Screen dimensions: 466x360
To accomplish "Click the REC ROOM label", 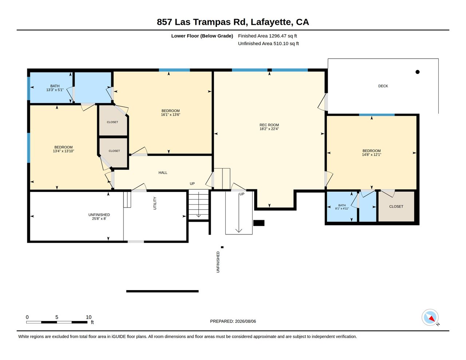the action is tap(269, 125).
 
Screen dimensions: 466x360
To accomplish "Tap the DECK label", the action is tap(383, 86).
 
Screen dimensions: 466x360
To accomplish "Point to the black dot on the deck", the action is tap(417, 72).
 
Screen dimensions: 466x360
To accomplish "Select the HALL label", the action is tap(163, 173).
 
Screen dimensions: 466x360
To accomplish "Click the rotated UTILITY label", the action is tap(155, 203).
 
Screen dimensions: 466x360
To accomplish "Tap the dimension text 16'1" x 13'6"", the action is tap(170, 115).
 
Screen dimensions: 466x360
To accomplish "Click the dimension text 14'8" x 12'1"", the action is tap(371, 155).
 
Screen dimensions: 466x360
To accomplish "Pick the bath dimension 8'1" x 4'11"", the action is tap(342, 209).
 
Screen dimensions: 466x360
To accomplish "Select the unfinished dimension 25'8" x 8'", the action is tap(99, 219).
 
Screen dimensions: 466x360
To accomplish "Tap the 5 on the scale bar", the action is tap(57, 317).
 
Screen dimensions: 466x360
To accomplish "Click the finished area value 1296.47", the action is tap(277, 36).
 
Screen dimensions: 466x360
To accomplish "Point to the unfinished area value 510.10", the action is tap(281, 44).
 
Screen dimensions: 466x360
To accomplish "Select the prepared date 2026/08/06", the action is tap(245, 321).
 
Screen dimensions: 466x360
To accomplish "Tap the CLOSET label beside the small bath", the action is tap(396, 206).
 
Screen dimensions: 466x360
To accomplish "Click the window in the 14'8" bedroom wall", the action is tap(377, 115).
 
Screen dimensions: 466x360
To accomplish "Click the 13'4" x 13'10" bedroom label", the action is tap(63, 149).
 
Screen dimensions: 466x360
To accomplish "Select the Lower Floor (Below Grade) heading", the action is tap(202, 36).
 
